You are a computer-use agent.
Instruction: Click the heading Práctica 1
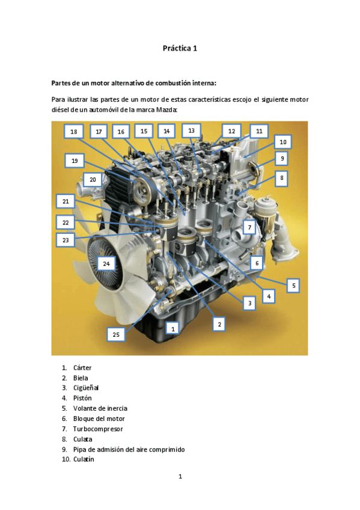180,49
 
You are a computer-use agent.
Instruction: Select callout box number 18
74,132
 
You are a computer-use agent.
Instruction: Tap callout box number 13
191,131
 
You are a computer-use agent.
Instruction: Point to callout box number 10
283,142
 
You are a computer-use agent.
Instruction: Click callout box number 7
249,227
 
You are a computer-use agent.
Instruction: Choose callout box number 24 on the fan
106,264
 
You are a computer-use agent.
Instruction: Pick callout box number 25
116,334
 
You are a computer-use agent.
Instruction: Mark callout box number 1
173,329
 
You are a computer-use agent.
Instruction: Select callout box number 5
293,286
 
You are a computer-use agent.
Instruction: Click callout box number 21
66,201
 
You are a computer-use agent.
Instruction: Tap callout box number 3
249,303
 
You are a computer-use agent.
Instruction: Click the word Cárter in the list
82,367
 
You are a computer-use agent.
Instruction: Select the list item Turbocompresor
98,429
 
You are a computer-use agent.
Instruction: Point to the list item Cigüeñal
86,388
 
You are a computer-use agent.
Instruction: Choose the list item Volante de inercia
100,408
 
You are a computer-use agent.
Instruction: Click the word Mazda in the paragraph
166,109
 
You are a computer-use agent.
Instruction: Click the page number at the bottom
180,477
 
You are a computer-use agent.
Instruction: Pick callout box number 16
121,132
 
